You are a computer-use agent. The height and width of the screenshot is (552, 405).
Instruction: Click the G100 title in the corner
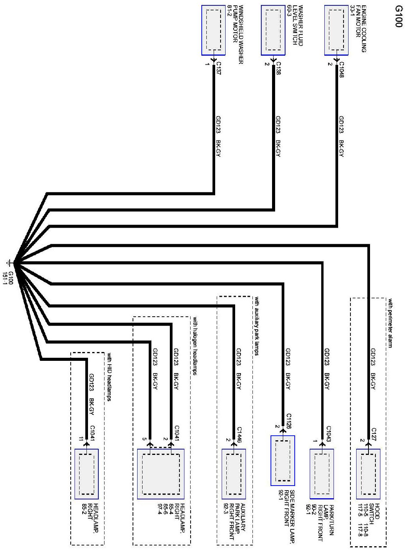[397, 17]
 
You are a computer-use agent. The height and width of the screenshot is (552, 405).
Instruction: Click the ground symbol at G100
[8, 263]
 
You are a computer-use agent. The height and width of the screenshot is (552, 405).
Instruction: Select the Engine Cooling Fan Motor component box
[337, 30]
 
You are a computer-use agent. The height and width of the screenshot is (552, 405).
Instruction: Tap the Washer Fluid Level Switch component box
[273, 30]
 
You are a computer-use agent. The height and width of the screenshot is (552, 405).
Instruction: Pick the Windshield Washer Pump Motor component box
[214, 30]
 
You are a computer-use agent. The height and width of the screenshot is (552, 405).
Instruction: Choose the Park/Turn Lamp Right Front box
[322, 474]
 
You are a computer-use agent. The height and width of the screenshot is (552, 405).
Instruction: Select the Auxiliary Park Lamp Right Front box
[234, 474]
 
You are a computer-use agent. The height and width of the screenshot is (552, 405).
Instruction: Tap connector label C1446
[239, 434]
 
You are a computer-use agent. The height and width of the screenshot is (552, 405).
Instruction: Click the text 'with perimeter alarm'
[390, 323]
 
